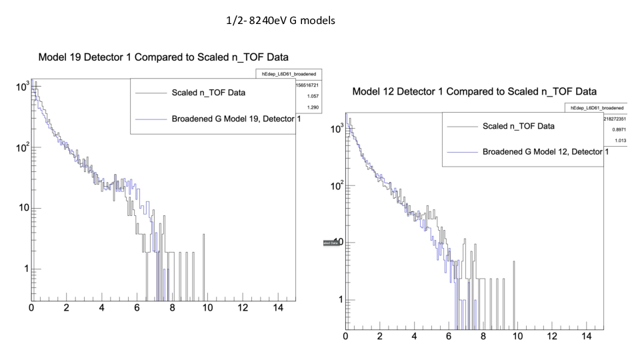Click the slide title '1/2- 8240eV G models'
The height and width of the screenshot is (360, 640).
pyautogui.click(x=281, y=21)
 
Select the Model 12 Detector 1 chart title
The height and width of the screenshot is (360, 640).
pyautogui.click(x=474, y=91)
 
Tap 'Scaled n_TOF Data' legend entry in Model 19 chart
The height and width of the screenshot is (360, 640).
pyautogui.click(x=208, y=93)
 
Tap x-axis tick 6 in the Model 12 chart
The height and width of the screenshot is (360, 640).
pyautogui.click(x=448, y=337)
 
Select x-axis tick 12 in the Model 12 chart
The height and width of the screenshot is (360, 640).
pyautogui.click(x=551, y=337)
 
